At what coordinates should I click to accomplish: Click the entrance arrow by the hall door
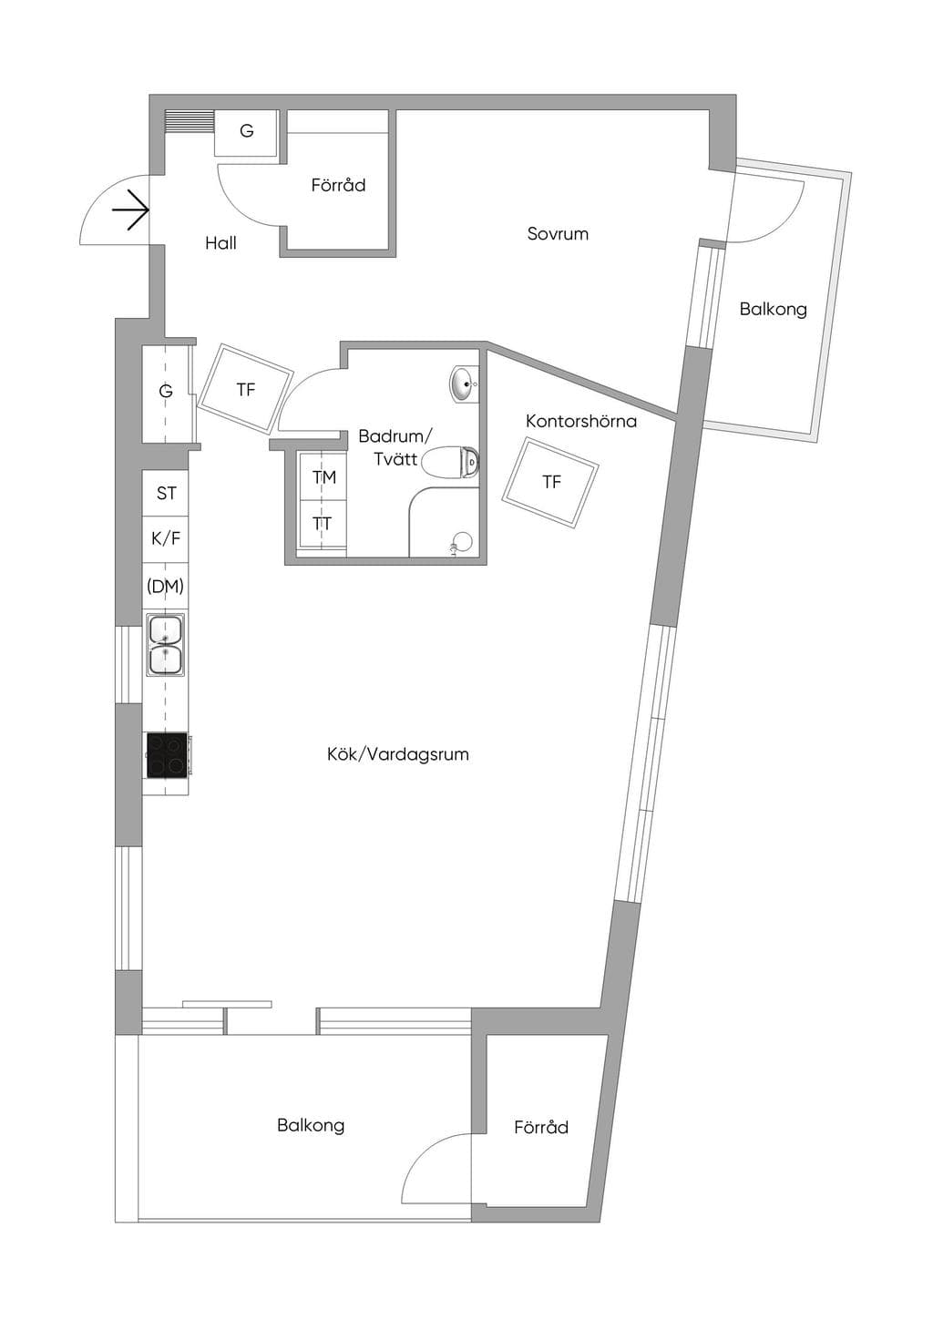130,210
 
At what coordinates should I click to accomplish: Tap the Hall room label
221,243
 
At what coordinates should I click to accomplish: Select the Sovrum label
558,234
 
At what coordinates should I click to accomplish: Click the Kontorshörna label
581,422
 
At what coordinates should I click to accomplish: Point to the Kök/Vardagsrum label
398,754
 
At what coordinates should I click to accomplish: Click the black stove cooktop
168,755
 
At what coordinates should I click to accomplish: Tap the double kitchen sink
166,645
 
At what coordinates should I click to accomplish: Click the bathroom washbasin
466,384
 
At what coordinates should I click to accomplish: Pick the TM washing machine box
323,476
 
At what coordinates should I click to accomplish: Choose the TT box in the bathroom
323,524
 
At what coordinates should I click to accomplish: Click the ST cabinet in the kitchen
166,493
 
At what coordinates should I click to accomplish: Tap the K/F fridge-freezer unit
166,539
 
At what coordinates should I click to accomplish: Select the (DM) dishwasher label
166,587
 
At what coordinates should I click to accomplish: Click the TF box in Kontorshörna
550,483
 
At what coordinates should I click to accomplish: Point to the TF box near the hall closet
245,389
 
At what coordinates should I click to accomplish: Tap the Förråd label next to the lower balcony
541,1127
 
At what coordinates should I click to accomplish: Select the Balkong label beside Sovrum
773,310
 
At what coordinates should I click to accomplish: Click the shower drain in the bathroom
462,542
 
